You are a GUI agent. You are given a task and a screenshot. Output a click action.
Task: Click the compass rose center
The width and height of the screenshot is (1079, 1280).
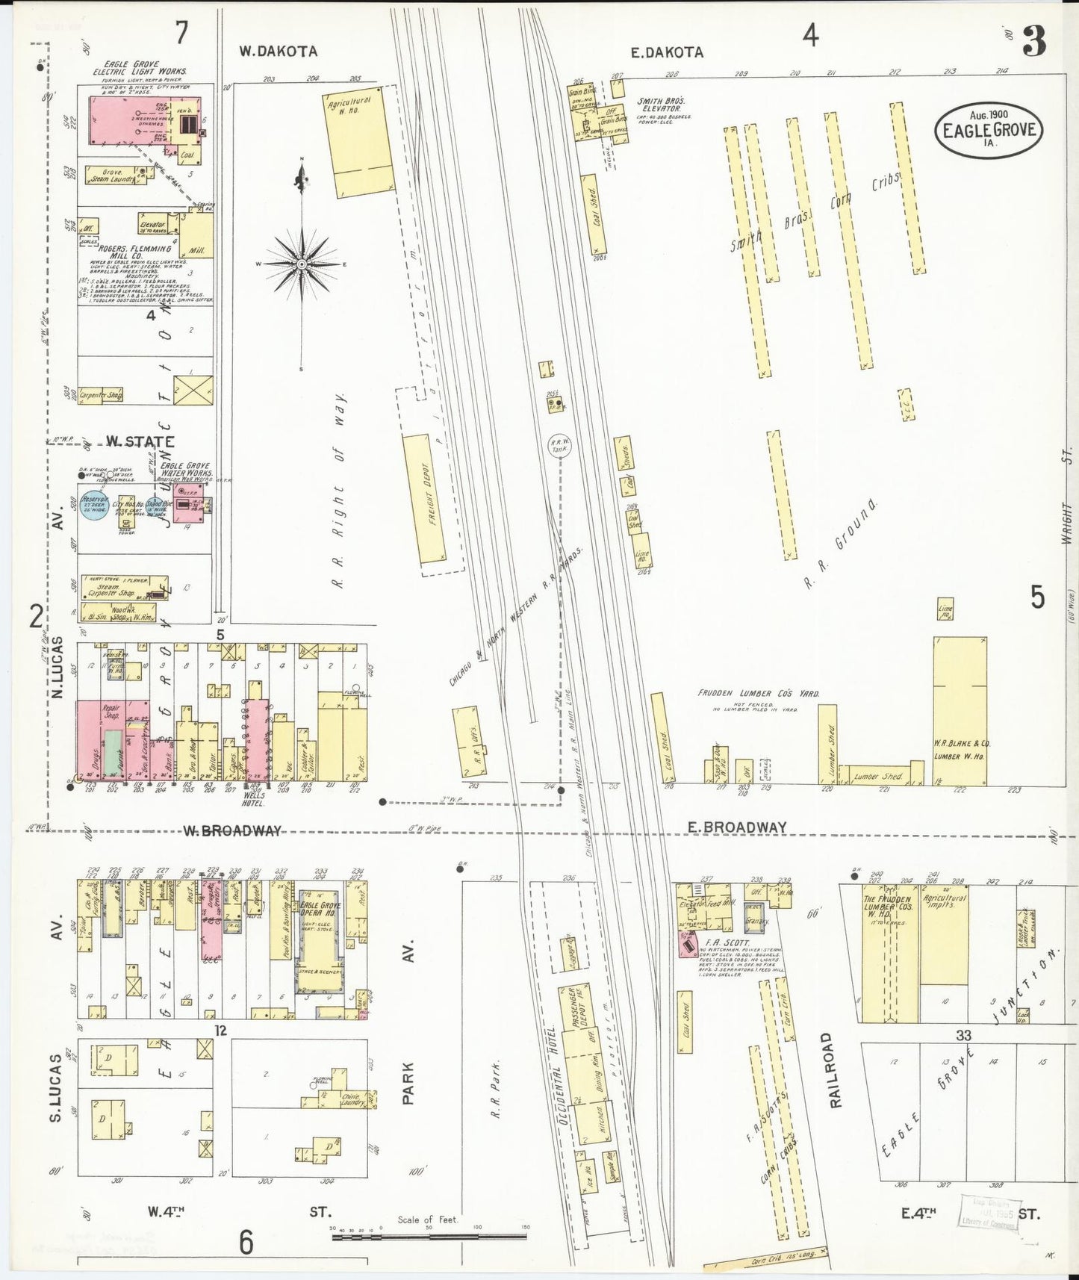tap(301, 264)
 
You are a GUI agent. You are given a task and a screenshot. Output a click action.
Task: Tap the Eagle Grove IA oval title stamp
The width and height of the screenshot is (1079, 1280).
tap(989, 129)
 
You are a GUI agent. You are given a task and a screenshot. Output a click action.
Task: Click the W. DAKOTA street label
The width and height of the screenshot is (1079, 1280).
tap(278, 52)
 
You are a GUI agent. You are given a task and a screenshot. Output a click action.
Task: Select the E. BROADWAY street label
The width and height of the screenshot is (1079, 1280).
tap(736, 827)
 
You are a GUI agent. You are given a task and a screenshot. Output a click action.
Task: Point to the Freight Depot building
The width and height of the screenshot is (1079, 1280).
tap(432, 498)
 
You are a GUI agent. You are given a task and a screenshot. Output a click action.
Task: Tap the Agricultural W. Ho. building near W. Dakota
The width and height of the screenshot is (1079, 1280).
tap(359, 141)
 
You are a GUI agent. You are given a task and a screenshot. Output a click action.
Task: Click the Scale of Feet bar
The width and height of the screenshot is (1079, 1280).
tap(429, 1237)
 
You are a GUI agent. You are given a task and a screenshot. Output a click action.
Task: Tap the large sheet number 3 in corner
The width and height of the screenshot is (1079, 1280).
tap(1033, 41)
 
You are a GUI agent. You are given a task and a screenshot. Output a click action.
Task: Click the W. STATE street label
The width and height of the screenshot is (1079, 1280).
tap(140, 441)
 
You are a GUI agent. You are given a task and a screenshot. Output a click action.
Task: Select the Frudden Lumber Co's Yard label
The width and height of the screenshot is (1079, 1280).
tap(757, 693)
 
